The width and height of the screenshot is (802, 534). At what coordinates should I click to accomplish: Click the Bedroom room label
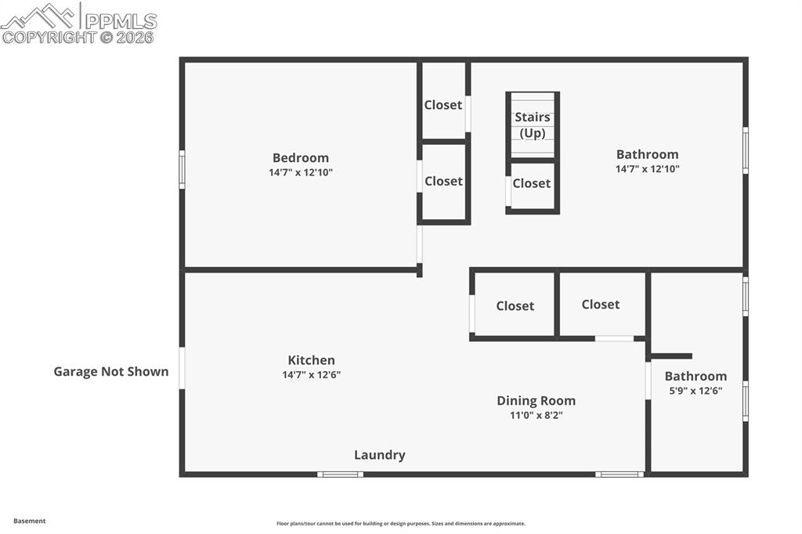(301, 157)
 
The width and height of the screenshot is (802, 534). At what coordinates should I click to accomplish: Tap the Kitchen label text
(311, 360)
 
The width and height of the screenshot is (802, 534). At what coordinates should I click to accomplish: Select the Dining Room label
(536, 400)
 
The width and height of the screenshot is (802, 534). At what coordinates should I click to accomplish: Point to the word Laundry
(379, 455)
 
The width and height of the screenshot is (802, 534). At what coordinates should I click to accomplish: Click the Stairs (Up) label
(533, 125)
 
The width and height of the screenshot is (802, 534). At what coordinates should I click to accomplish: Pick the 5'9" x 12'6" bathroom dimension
(695, 391)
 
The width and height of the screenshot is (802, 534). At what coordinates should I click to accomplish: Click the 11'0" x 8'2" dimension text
(536, 415)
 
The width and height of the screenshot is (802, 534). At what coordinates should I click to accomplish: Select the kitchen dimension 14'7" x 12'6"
(311, 374)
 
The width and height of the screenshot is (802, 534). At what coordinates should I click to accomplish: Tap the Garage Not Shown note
(110, 371)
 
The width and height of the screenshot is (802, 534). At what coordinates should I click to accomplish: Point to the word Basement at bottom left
(30, 521)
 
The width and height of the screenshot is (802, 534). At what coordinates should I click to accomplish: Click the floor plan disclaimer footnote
(400, 524)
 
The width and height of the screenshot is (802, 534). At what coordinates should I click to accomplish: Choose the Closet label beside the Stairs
(531, 183)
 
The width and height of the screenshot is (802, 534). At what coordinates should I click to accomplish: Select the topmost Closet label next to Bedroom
(443, 105)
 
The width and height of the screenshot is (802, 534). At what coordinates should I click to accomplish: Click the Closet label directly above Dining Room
(515, 306)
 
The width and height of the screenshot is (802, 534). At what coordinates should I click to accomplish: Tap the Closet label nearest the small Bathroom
(600, 305)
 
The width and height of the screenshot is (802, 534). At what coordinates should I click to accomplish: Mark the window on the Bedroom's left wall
(182, 169)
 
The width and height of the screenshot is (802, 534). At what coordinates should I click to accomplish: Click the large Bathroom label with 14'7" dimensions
(647, 154)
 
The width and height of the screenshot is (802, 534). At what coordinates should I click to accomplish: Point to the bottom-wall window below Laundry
(340, 474)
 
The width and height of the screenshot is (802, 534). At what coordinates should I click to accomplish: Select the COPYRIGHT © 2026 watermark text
(78, 37)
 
